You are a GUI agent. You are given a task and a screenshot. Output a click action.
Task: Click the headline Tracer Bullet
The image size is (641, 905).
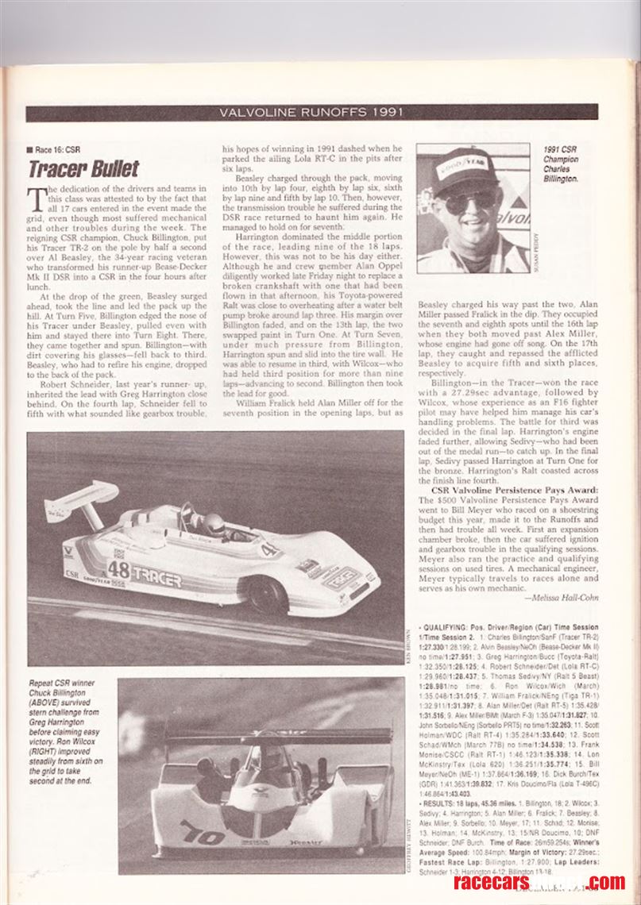click(x=83, y=169)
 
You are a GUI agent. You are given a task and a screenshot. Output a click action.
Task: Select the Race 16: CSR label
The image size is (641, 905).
click(x=56, y=148)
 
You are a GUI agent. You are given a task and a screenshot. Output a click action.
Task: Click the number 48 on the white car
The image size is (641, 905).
click(x=118, y=569)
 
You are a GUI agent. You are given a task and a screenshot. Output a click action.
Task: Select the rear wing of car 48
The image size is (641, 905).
click(x=80, y=500)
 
